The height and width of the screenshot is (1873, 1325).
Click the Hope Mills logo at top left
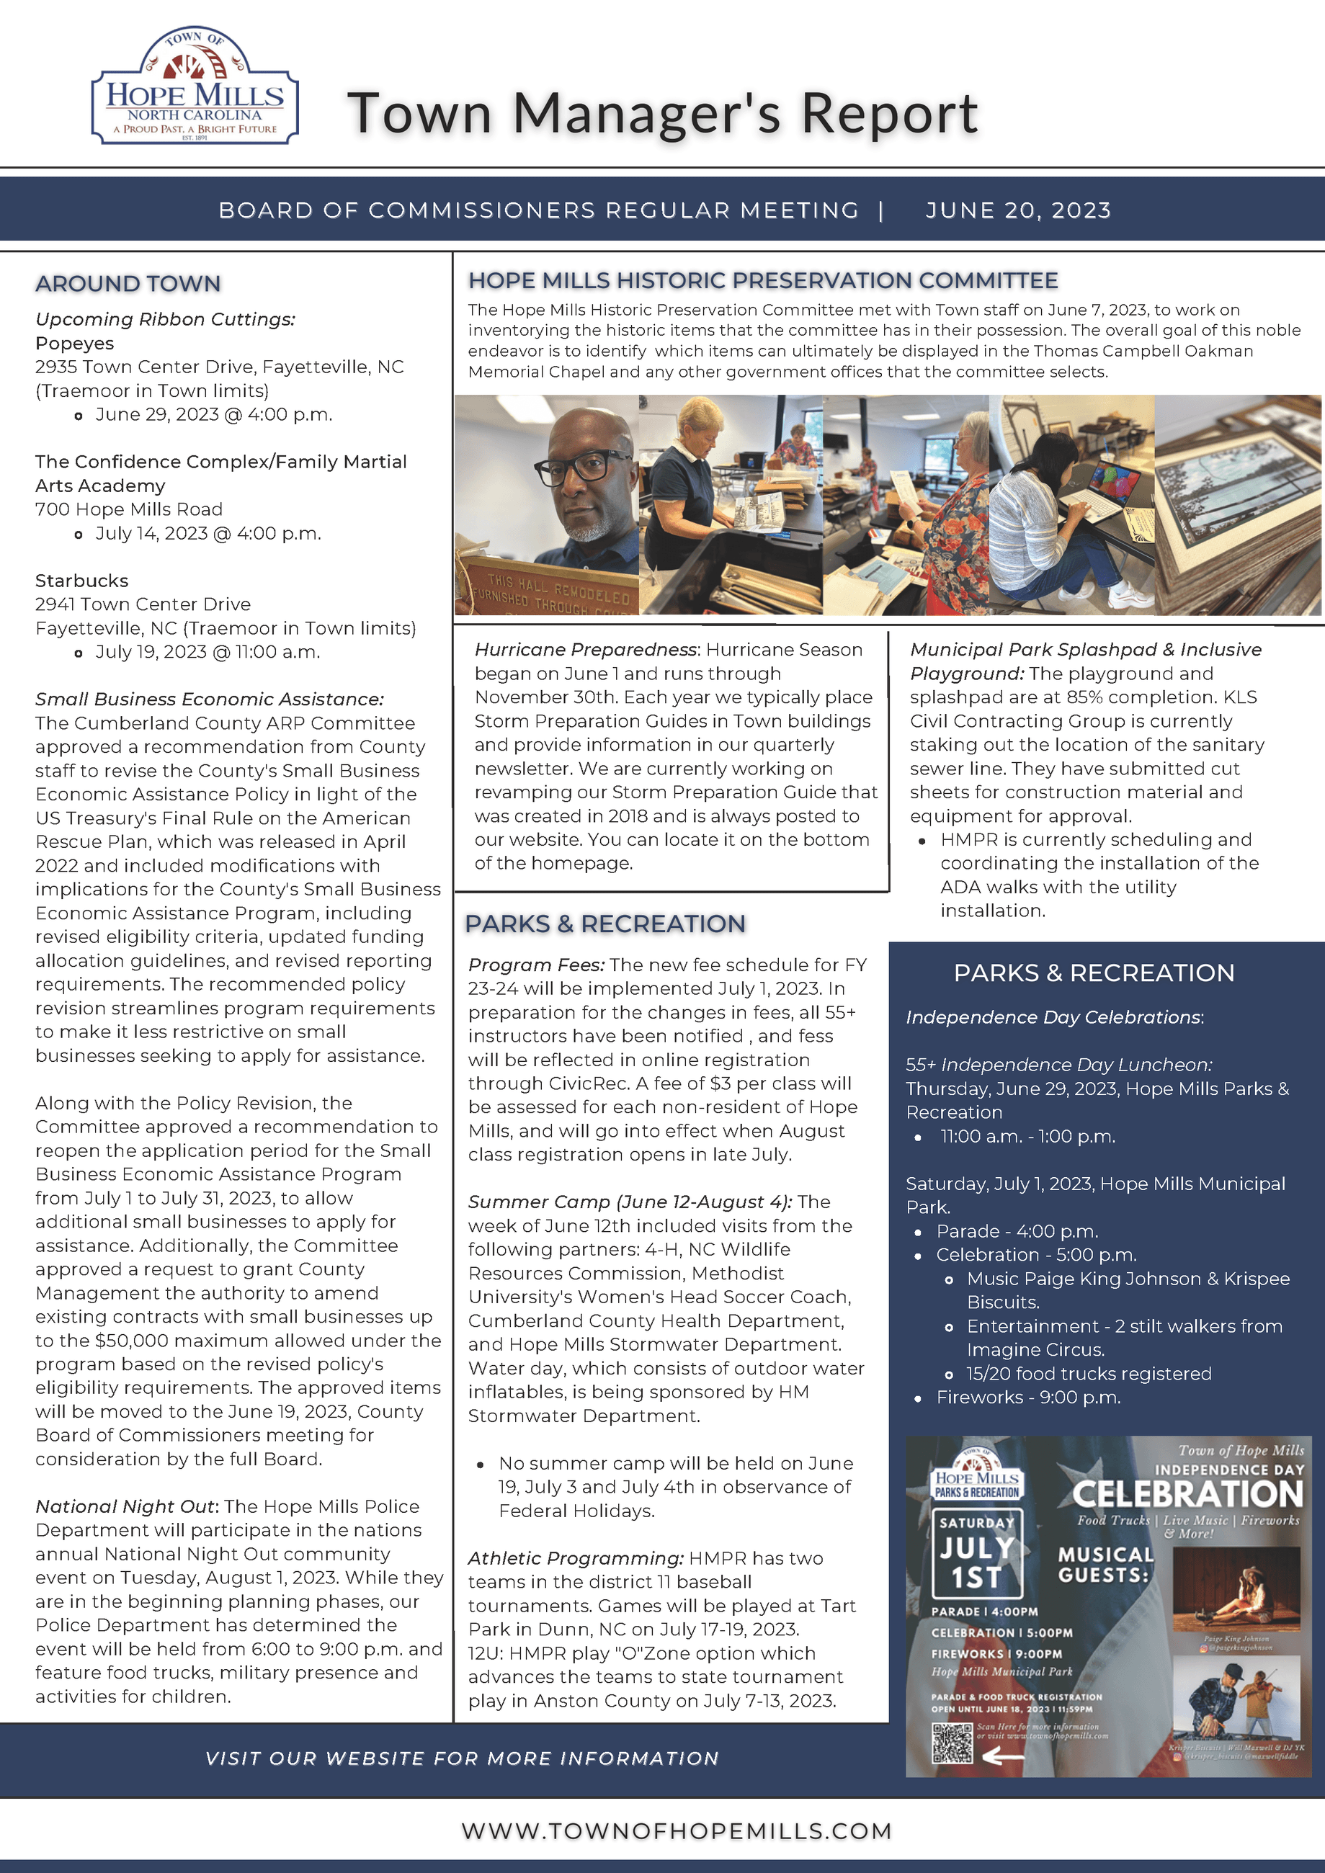point(195,86)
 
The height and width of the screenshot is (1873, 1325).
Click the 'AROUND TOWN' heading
point(128,283)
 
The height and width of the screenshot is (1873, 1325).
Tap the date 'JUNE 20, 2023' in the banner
point(1017,210)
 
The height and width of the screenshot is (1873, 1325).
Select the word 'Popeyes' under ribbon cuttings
point(74,344)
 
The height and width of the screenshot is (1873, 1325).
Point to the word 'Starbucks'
point(81,581)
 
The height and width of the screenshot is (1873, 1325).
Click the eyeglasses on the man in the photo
point(581,468)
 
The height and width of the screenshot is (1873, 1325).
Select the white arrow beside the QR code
point(1003,1756)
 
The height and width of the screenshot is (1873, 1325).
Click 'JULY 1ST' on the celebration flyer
point(976,1563)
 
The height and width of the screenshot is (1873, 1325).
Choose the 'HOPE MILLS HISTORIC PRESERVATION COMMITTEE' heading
point(763,281)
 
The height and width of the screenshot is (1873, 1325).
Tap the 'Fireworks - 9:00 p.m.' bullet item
point(1028,1398)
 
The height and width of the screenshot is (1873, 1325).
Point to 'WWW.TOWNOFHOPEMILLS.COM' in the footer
point(677,1830)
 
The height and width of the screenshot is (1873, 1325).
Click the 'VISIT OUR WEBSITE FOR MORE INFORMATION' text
point(462,1758)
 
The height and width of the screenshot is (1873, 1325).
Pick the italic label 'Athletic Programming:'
point(575,1558)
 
